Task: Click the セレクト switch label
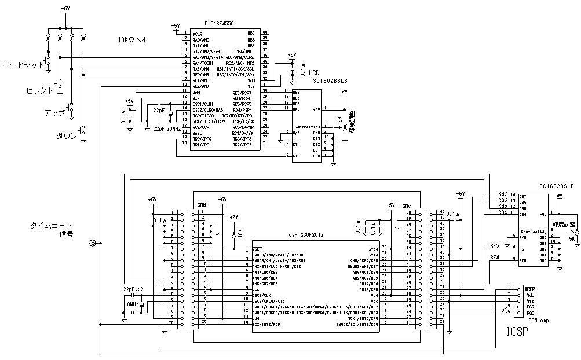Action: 39,91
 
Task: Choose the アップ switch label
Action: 54,112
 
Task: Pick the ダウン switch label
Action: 66,135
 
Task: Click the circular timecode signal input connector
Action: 92,243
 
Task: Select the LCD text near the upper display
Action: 313,73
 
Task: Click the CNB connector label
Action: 202,205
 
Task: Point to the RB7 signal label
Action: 502,193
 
